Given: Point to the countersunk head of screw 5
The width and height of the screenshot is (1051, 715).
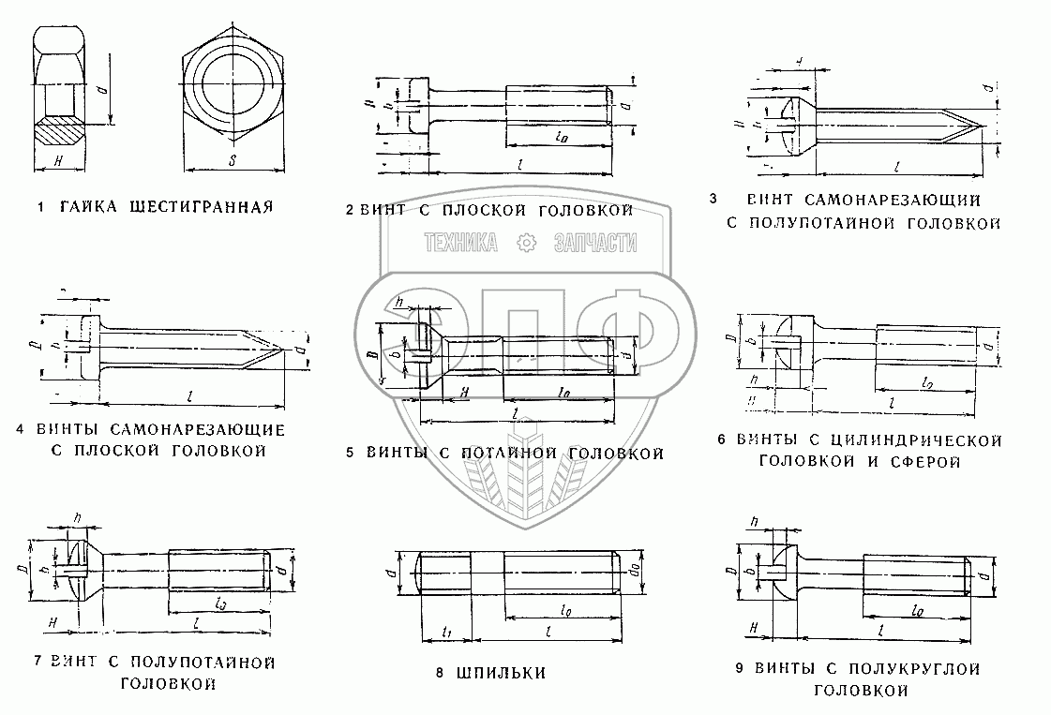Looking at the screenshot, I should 431,353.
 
